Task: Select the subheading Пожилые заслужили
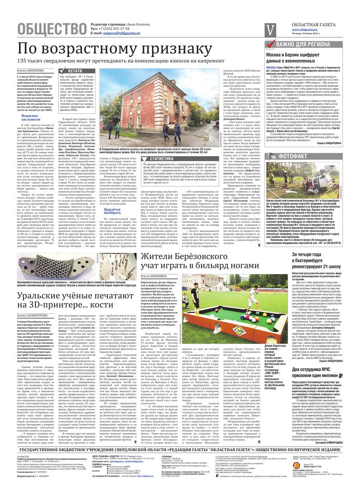point(31,118)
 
